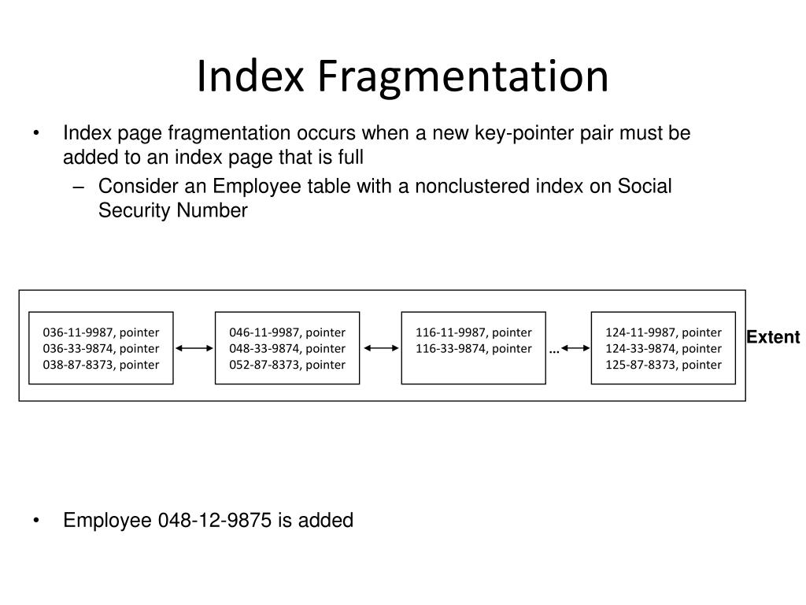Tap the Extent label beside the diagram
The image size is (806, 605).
[773, 338]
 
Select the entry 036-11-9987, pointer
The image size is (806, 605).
[101, 332]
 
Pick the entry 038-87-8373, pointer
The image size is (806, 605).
[101, 364]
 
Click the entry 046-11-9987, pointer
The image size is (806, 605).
[287, 332]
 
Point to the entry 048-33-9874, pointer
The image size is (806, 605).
[287, 348]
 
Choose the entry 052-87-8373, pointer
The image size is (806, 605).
[287, 364]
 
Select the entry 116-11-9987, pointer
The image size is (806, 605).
[474, 332]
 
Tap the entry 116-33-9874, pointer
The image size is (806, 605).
[474, 348]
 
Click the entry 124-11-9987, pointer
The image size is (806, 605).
[663, 332]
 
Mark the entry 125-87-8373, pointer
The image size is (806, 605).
[663, 364]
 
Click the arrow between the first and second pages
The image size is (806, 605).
[194, 347]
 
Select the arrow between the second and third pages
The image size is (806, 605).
[380, 347]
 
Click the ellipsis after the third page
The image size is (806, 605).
[554, 350]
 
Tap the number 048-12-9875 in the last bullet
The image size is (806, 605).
[216, 521]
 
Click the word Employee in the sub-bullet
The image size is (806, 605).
[250, 187]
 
